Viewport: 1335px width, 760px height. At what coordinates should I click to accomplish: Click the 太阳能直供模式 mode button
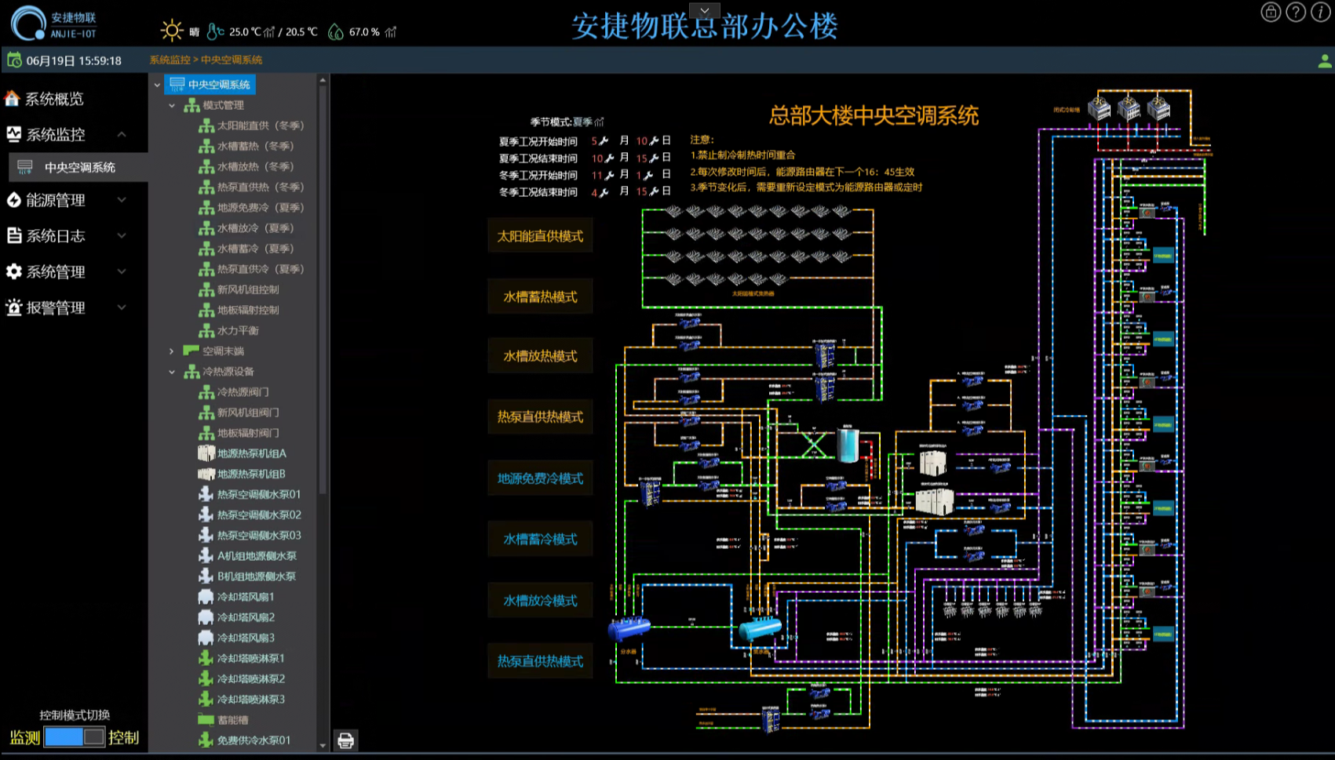point(540,236)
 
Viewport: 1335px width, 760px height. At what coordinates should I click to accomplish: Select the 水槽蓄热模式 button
point(540,296)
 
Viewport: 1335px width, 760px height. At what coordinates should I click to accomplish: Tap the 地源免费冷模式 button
point(540,478)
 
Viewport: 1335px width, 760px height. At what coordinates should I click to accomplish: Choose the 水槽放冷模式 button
point(540,601)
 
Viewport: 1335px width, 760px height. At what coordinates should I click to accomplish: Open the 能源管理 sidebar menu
point(56,200)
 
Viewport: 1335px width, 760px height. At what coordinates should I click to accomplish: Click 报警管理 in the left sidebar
point(56,307)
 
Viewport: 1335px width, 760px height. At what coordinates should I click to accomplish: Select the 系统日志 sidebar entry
point(56,235)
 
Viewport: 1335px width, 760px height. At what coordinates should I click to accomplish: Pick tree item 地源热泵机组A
point(251,453)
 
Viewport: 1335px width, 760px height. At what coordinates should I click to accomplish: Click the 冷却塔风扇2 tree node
point(246,617)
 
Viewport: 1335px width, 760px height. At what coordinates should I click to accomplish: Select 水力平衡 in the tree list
point(238,330)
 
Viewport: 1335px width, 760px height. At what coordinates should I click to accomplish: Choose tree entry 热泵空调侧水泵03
point(259,535)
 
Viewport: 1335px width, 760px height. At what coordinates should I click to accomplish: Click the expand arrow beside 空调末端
point(172,351)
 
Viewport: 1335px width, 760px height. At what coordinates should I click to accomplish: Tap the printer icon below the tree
point(345,740)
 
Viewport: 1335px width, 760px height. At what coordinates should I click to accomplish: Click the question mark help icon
point(1296,12)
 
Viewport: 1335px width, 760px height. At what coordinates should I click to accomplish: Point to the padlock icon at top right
point(1271,12)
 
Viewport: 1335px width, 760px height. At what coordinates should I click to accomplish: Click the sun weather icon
point(171,31)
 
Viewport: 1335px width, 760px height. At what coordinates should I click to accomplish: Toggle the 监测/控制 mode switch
point(74,736)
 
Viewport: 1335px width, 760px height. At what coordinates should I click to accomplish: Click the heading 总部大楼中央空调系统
point(874,116)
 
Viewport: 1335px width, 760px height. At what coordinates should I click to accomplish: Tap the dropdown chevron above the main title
point(705,10)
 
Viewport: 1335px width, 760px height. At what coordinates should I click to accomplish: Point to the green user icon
point(1325,60)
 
